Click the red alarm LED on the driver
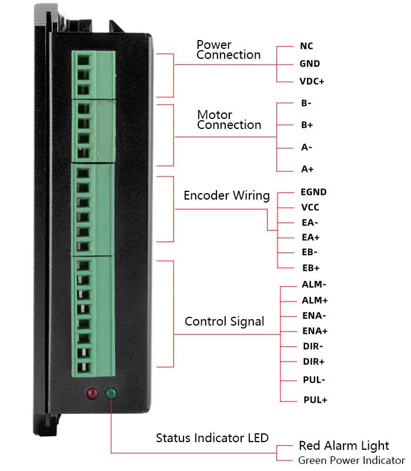[92, 393]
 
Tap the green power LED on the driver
[111, 393]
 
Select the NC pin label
[306, 46]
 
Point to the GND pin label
[309, 64]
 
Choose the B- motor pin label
[306, 103]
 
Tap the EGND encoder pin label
[313, 192]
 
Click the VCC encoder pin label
[310, 207]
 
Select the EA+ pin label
[310, 237]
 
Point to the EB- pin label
[310, 253]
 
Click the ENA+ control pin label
[315, 331]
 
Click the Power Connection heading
[229, 49]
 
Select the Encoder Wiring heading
[226, 195]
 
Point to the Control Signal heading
[224, 321]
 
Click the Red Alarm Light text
[344, 445]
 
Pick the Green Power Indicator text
[351, 460]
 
